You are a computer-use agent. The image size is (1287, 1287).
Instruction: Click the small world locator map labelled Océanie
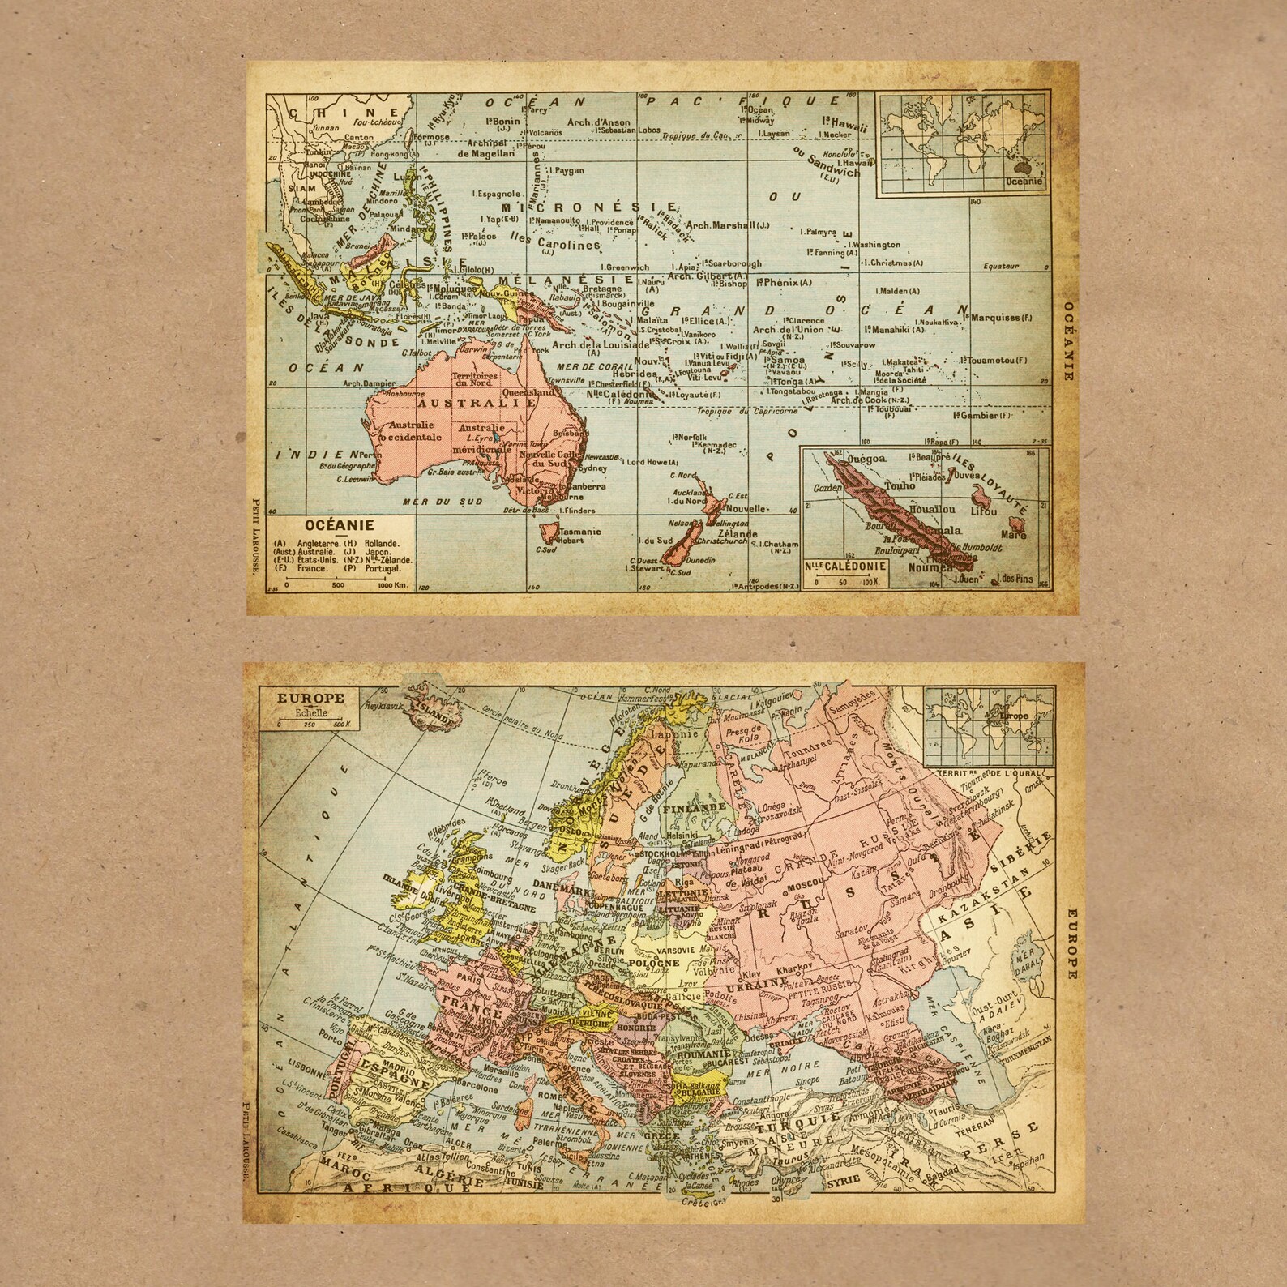coord(964,143)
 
